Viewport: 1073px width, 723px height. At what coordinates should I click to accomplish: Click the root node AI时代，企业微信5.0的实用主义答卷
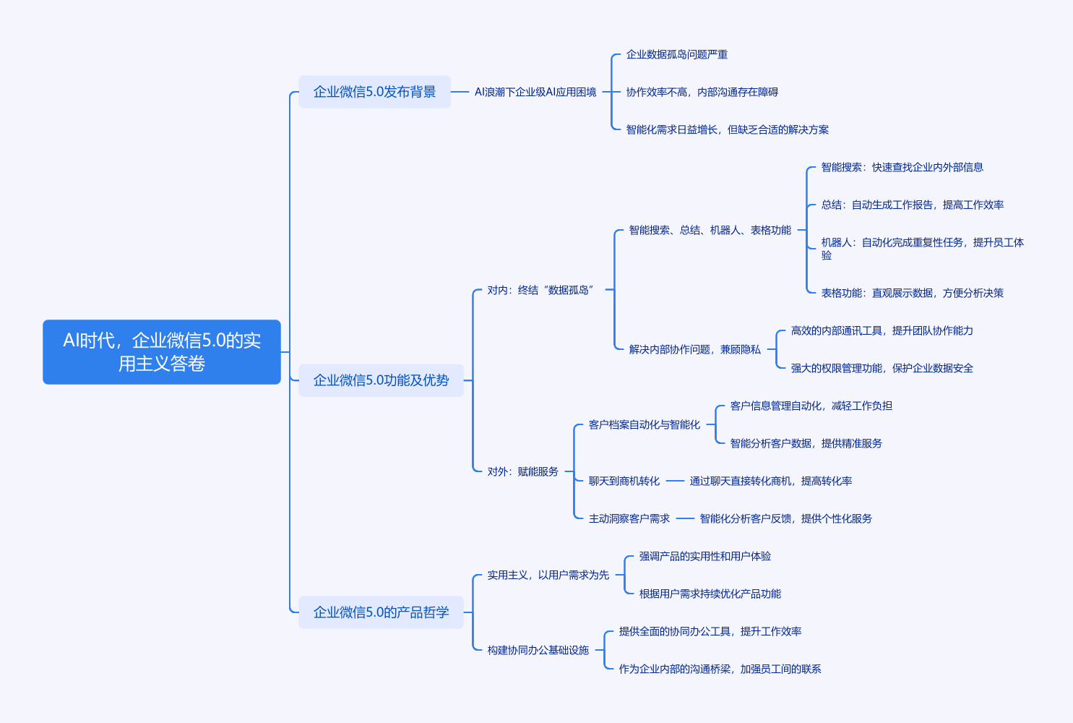tap(161, 351)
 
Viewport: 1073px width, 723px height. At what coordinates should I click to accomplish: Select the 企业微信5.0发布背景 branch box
tap(374, 92)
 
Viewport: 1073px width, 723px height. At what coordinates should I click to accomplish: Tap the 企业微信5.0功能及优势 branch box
tap(381, 380)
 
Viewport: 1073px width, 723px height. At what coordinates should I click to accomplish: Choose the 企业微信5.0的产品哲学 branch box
tap(381, 612)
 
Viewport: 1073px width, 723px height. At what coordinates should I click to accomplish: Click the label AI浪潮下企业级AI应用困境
tap(535, 92)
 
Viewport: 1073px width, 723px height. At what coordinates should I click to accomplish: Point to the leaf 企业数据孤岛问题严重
tap(676, 54)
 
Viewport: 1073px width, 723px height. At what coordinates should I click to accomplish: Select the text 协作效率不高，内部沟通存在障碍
tap(702, 92)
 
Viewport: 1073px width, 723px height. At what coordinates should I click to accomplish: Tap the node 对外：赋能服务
tap(522, 471)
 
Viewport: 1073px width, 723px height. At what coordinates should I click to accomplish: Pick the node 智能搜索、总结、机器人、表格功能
tap(710, 230)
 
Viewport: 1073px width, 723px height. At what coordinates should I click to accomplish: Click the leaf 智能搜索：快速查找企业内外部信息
tap(902, 167)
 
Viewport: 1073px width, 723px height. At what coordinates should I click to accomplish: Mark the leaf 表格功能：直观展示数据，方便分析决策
tap(912, 293)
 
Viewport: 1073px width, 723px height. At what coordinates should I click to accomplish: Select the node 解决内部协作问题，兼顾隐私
tap(694, 349)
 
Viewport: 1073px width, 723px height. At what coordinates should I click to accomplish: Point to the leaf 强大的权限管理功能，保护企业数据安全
tap(882, 368)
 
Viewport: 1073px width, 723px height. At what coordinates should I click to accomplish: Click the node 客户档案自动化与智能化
tap(644, 424)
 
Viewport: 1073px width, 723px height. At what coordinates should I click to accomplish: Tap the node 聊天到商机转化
tap(624, 481)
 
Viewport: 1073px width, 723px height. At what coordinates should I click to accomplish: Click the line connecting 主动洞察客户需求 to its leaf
tap(685, 518)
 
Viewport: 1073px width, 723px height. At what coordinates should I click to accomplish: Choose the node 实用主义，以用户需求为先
tap(548, 575)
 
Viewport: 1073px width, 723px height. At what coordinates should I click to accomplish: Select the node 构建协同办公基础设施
tap(538, 650)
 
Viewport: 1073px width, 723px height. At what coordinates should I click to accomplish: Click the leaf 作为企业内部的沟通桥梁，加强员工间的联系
tap(720, 669)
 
